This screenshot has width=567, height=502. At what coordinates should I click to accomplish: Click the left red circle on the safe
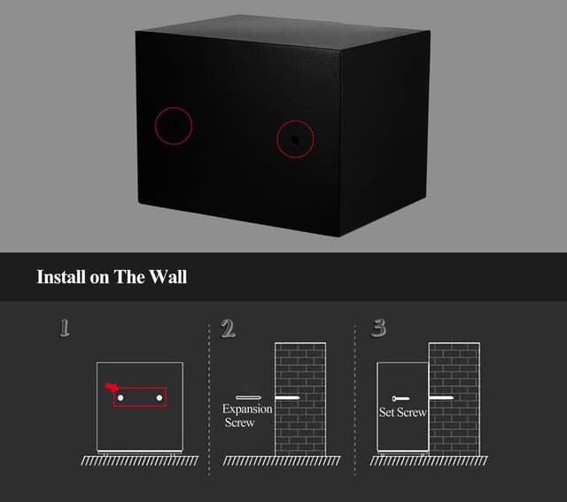156,126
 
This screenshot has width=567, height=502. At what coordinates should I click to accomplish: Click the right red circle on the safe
277,139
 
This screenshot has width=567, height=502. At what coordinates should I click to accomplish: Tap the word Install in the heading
61,277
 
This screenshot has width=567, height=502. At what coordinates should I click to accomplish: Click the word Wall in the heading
168,277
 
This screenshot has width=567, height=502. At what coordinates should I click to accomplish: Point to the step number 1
64,328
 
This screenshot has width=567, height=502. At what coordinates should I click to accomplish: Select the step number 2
228,328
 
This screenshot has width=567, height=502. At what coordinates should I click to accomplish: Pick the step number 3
378,328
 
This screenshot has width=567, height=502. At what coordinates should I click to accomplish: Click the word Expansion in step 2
247,409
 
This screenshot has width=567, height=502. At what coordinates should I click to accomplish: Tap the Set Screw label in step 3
402,413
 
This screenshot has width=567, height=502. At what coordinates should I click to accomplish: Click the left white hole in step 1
120,398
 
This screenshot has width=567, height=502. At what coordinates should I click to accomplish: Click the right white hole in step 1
159,398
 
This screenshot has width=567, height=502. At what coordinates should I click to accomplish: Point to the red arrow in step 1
112,387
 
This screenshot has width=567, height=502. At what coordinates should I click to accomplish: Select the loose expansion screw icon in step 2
248,398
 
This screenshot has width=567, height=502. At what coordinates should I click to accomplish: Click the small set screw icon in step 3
400,398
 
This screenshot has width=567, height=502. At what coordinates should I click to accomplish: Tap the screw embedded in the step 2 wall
287,398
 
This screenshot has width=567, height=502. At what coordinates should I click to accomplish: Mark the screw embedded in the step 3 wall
441,398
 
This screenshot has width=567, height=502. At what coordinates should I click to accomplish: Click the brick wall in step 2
300,398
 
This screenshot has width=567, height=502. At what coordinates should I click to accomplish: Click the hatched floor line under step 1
140,460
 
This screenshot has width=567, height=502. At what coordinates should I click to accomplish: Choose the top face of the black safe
283,32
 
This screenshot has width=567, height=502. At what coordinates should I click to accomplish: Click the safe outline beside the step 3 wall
377,406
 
